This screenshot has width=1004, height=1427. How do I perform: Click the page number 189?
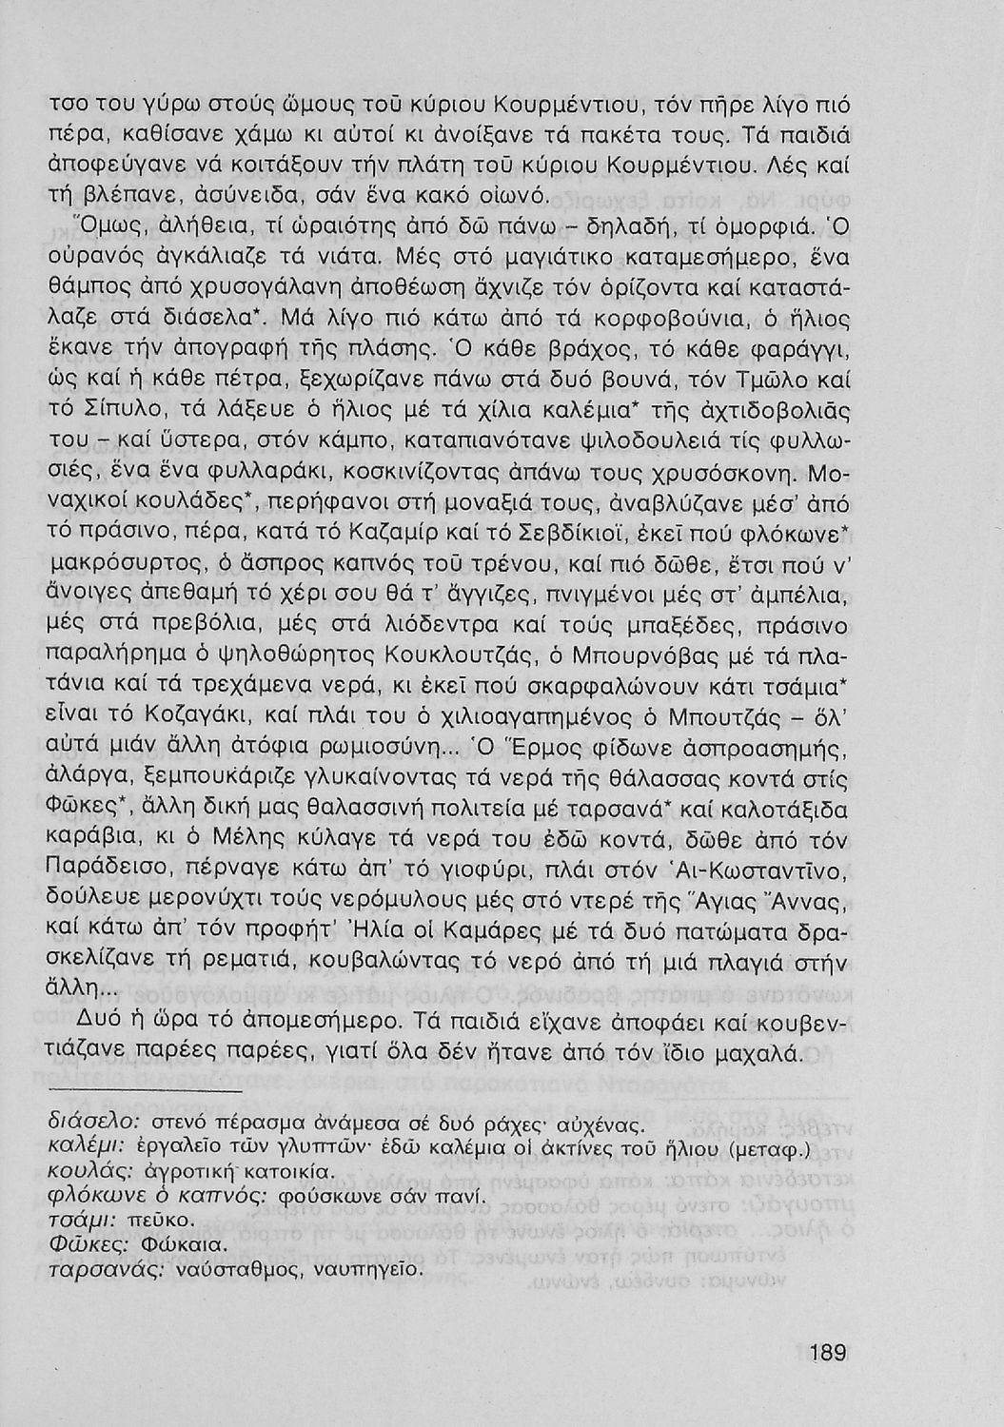(828, 1352)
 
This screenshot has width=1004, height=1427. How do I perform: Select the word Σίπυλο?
(108, 417)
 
